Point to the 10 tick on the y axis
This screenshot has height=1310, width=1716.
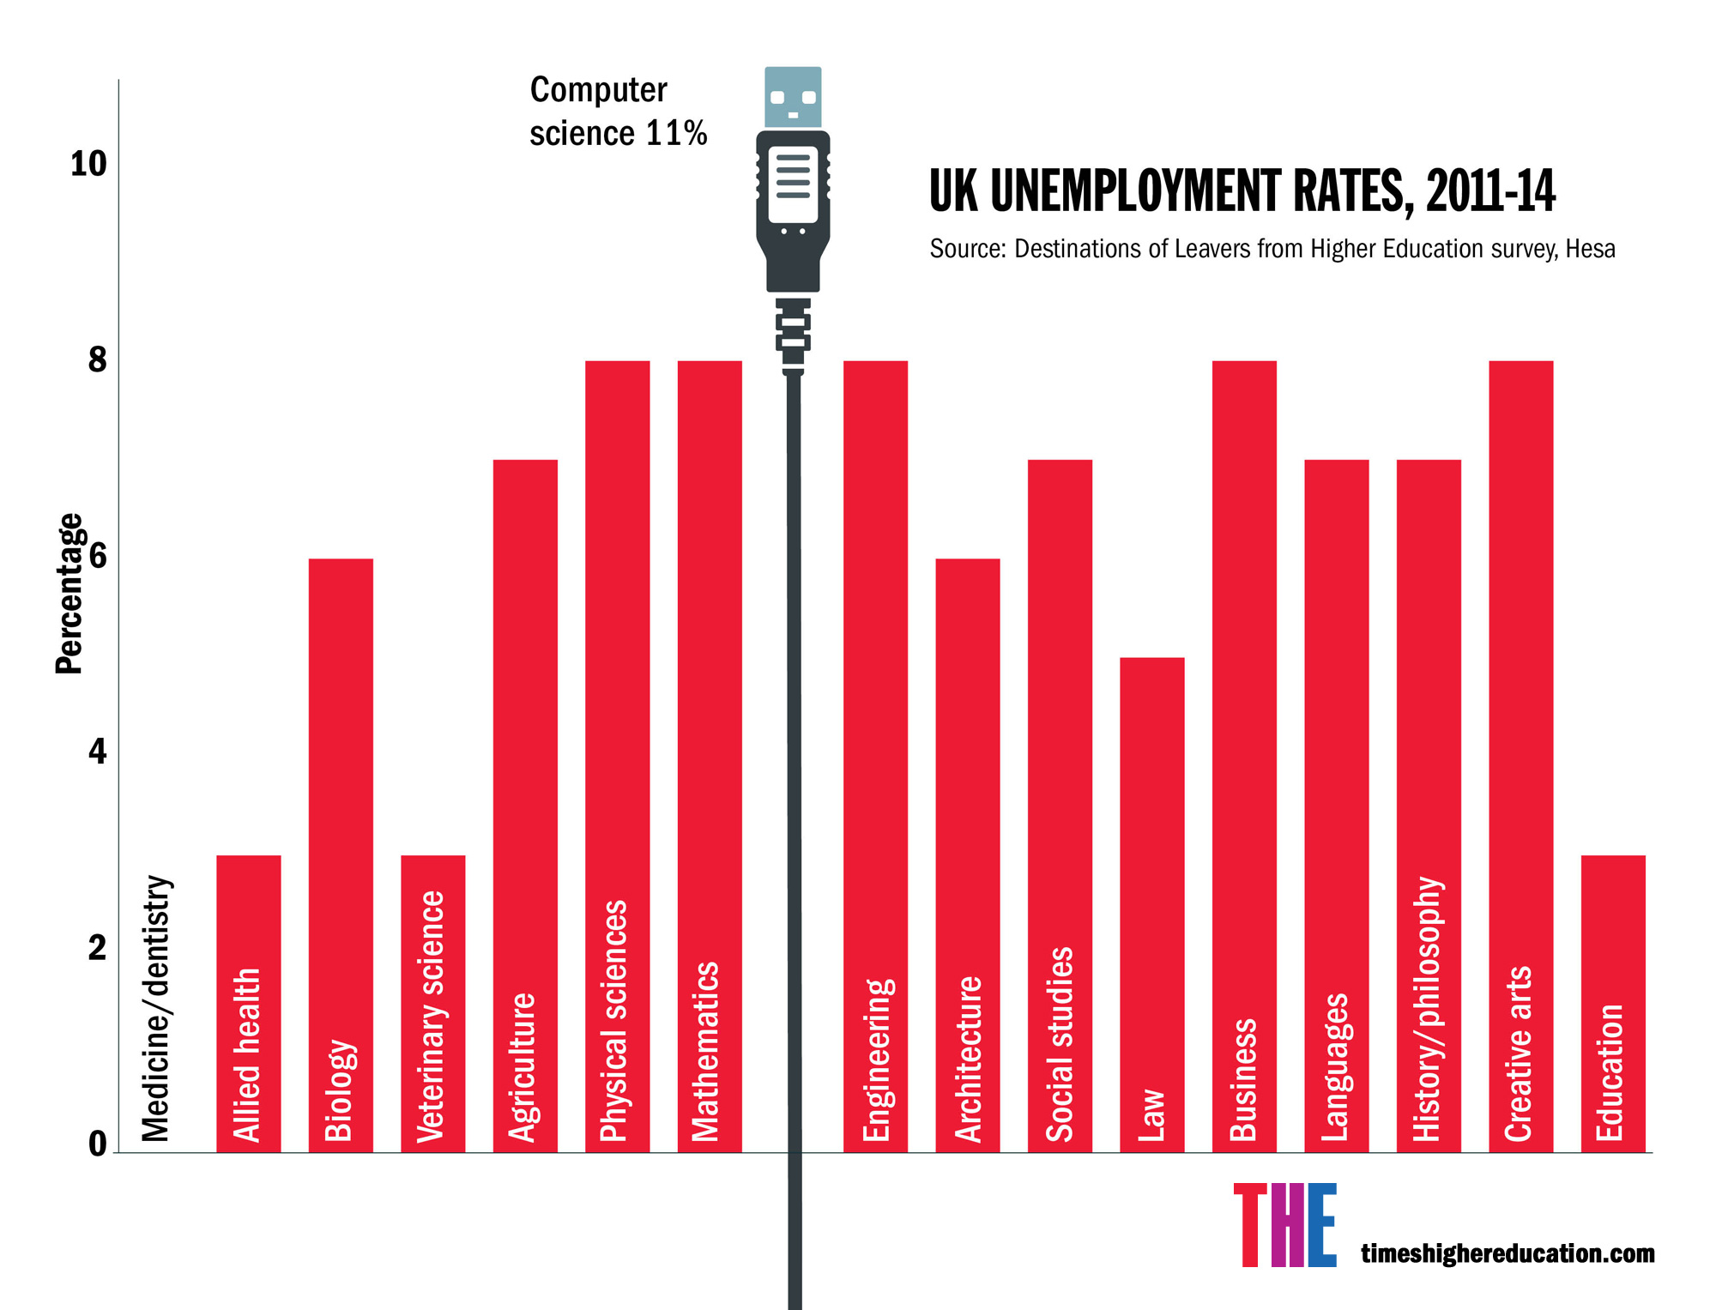88,164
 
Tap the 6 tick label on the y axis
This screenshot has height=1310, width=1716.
97,556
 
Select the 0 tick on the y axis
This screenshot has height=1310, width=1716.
97,1144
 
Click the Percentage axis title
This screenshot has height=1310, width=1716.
69,594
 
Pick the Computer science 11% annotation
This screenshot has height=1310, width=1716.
618,112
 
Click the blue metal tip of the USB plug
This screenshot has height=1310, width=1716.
793,97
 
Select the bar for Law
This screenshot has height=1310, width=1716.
1151,904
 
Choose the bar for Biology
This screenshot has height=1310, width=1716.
341,854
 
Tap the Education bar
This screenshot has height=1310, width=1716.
1612,1003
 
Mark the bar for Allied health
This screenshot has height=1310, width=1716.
249,1003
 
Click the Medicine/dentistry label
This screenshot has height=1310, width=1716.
156,1009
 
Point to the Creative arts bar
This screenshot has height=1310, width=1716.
1520,756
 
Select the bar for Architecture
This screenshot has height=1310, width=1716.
967,854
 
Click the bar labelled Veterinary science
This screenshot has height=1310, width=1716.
432,1003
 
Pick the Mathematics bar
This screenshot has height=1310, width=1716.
710,756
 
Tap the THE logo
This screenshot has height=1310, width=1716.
1284,1225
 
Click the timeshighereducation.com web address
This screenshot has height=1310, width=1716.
1508,1253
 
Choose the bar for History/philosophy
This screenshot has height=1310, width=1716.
1429,806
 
